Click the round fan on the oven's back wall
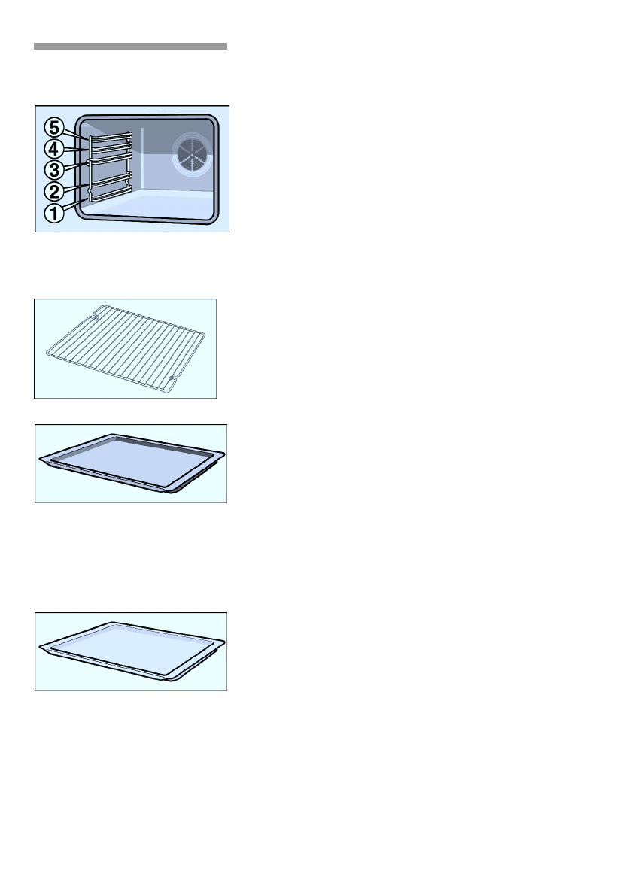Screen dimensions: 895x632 click(189, 154)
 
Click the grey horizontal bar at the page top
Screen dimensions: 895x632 click(130, 47)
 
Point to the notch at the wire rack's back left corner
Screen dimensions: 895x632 click(98, 311)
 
